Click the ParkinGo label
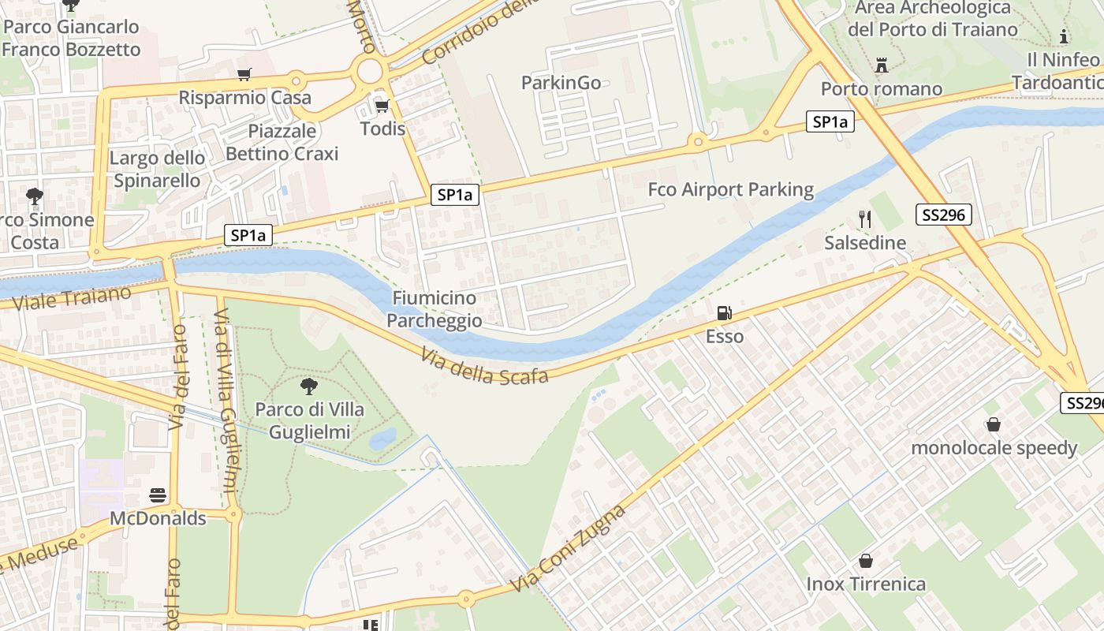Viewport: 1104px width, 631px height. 561,83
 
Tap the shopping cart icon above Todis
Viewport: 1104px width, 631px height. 382,106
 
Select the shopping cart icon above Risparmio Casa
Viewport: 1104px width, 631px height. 244,75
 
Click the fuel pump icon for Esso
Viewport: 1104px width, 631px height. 724,313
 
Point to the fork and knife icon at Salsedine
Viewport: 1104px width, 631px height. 865,219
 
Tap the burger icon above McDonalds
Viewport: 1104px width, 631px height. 158,495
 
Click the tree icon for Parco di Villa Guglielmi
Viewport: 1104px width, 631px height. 309,386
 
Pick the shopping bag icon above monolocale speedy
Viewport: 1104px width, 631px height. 994,424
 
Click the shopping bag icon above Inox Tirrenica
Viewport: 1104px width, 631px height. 865,561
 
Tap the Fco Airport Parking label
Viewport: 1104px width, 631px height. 730,189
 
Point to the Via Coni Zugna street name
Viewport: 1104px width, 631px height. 568,549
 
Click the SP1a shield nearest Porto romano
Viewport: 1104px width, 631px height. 830,121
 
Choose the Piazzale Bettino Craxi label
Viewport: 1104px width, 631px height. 282,142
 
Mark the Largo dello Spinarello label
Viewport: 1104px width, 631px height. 157,169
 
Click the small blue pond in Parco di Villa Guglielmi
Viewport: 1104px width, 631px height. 382,439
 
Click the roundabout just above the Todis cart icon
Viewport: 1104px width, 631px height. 369,73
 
